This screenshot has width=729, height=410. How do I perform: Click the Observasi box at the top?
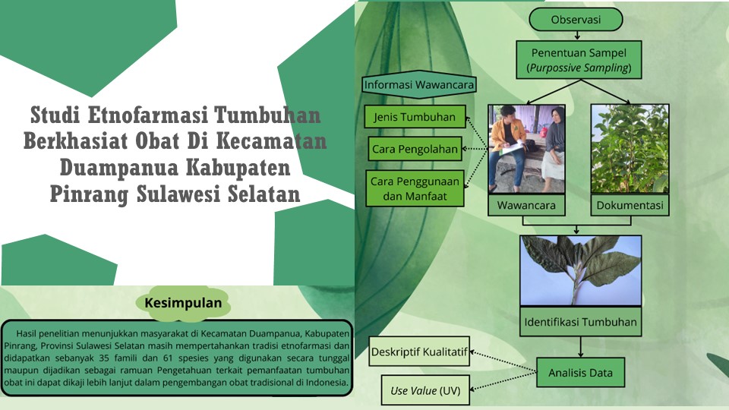576,20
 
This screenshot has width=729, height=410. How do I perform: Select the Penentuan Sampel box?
579,59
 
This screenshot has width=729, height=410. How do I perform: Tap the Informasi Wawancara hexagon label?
419,84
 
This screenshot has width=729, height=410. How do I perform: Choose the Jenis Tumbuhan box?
415,117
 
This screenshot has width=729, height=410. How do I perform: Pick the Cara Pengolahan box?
415,149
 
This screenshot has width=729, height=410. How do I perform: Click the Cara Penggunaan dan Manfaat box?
415,188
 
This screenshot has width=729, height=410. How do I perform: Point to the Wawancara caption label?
526,205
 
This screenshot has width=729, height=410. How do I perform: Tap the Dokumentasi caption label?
630,205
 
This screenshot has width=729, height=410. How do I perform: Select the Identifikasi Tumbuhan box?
580,322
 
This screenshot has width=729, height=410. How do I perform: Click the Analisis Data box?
580,372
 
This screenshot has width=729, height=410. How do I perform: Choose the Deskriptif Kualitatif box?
419,352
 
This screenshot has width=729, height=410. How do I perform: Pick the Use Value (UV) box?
425,390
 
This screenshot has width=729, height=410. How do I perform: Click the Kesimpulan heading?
183,303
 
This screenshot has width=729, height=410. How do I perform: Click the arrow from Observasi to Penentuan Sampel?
577,36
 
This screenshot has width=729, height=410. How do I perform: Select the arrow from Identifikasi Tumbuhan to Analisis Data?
581,347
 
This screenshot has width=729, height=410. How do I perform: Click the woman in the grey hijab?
552,149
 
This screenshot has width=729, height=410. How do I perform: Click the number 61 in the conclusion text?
169,358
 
